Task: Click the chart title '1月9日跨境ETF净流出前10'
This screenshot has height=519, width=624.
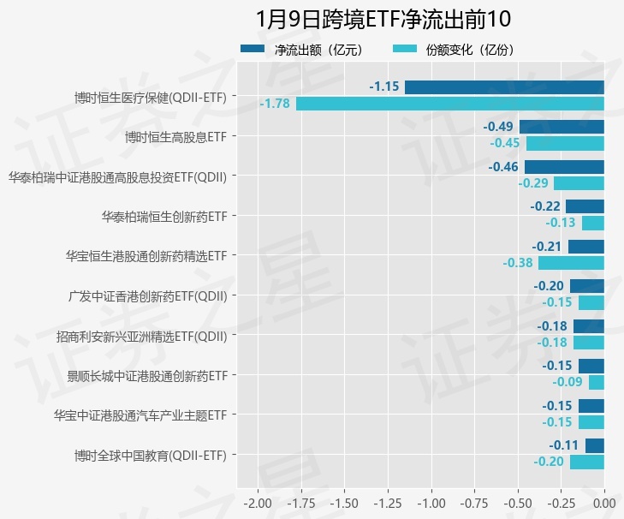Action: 383,20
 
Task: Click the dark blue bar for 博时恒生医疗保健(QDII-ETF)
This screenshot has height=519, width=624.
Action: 504,87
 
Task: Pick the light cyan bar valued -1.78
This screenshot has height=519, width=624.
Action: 450,104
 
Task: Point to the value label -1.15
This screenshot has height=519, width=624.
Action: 384,87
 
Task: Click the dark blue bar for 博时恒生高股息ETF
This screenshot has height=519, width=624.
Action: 562,127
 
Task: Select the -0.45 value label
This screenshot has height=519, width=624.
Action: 505,143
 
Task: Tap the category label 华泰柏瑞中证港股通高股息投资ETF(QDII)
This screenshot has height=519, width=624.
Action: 117,176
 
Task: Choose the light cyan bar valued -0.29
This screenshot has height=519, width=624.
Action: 579,183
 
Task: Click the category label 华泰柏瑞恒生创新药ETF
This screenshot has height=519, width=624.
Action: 163,216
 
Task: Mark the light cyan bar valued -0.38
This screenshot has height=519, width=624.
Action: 571,263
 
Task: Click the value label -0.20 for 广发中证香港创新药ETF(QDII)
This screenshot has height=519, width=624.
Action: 549,286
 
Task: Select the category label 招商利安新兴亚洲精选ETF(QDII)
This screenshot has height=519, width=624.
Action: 141,336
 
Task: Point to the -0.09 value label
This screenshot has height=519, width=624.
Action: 568,382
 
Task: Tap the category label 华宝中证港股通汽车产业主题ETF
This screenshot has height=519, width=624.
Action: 140,415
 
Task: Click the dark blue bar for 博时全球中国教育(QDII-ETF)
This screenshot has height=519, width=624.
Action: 595,445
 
